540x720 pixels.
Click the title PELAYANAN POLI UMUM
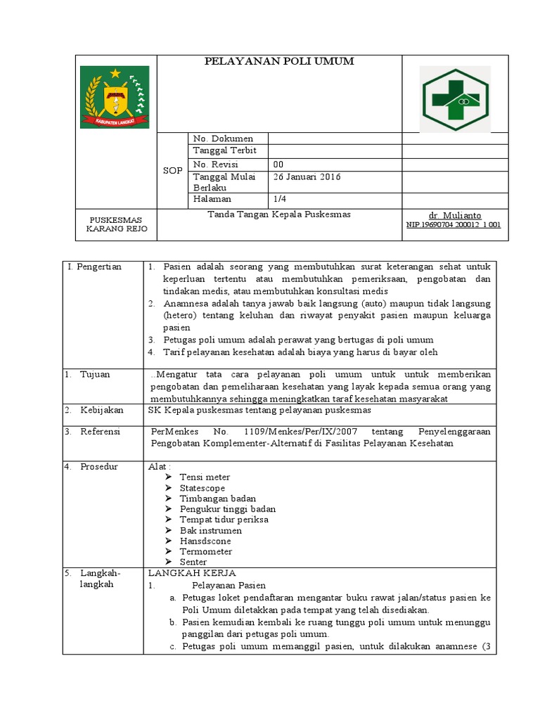tap(279, 62)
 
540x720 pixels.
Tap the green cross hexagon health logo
tap(455, 98)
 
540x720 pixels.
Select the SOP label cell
tap(172, 171)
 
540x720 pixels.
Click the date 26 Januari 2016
tap(307, 177)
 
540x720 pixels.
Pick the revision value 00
tap(278, 164)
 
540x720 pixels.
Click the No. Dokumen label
tap(223, 139)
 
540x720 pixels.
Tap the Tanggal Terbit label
tap(224, 151)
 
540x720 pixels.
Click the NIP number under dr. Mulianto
tap(454, 225)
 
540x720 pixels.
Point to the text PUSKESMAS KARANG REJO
tap(115, 224)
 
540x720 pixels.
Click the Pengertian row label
tap(95, 267)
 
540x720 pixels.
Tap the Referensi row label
tap(100, 431)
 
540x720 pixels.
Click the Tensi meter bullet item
tap(205, 477)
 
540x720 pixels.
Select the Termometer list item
tap(205, 551)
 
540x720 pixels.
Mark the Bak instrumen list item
tap(210, 530)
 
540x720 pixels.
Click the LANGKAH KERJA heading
tap(192, 573)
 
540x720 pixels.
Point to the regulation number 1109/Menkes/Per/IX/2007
tap(310, 431)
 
